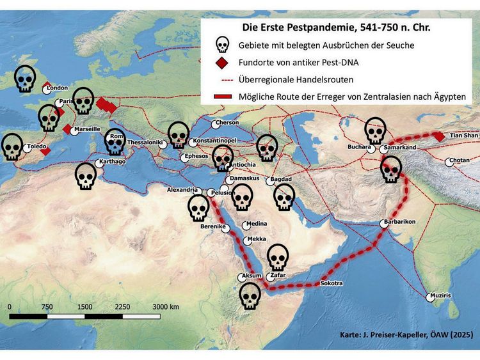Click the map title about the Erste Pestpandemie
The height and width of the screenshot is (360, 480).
click(x=337, y=27)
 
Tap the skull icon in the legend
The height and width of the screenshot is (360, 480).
click(x=221, y=45)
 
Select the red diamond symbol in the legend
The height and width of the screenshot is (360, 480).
click(x=221, y=63)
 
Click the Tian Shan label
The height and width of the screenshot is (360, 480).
click(x=464, y=136)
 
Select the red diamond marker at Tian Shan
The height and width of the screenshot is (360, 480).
click(x=439, y=136)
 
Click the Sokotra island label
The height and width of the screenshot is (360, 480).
click(x=332, y=283)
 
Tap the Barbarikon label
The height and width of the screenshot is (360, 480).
click(x=401, y=221)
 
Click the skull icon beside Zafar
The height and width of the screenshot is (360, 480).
click(x=277, y=257)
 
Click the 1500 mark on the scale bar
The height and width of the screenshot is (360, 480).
click(x=84, y=307)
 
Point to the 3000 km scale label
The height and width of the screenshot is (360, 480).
click(x=165, y=307)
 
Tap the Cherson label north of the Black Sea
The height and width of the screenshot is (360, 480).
click(x=227, y=123)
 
